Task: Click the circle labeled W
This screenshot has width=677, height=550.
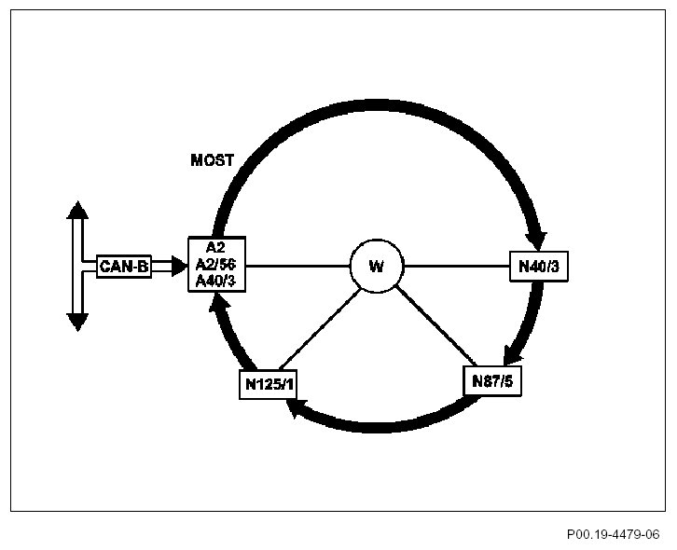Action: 376,267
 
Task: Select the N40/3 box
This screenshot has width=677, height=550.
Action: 538,268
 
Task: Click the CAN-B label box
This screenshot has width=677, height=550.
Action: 124,267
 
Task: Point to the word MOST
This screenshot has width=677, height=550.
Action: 212,160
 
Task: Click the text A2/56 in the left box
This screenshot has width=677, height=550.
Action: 216,266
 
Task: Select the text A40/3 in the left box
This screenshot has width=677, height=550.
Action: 216,282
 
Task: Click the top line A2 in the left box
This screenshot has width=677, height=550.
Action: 216,249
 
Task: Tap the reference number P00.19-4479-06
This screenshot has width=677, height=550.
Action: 613,535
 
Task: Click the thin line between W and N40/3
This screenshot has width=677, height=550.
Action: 456,267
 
